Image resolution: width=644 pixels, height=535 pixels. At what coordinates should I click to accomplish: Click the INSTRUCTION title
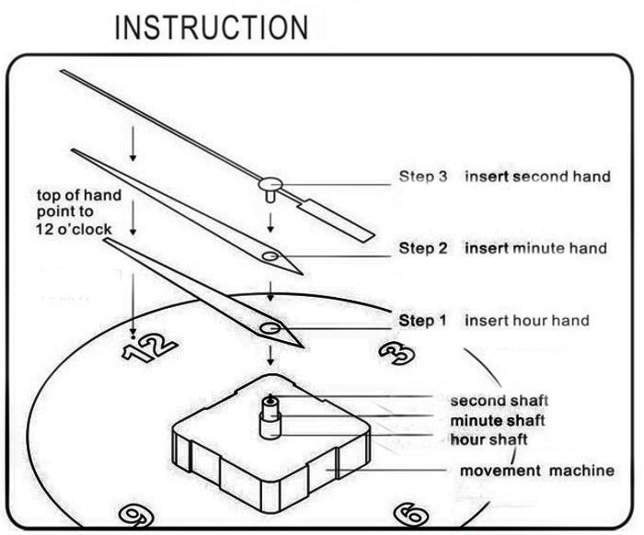pyautogui.click(x=211, y=27)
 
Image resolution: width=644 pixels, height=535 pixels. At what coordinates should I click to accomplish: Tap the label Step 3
pyautogui.click(x=422, y=176)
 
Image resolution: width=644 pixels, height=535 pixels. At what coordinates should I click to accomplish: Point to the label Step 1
pyautogui.click(x=422, y=321)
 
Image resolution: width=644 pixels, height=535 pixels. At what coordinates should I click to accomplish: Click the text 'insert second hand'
pyautogui.click(x=537, y=176)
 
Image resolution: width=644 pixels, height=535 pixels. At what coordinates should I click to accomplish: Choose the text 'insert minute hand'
pyautogui.click(x=535, y=248)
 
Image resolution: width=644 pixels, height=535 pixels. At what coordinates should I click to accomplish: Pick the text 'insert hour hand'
pyautogui.click(x=526, y=321)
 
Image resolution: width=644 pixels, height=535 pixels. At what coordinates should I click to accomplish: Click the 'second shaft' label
pyautogui.click(x=499, y=401)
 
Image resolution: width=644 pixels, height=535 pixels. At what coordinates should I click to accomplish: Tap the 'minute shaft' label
pyautogui.click(x=498, y=420)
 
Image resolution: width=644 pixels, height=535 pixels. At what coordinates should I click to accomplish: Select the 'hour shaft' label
pyautogui.click(x=489, y=439)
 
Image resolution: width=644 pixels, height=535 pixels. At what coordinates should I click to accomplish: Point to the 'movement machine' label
pyautogui.click(x=537, y=471)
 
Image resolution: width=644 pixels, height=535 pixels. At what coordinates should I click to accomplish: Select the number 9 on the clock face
pyautogui.click(x=138, y=515)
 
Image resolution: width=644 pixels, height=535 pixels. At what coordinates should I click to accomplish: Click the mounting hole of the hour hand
pyautogui.click(x=270, y=327)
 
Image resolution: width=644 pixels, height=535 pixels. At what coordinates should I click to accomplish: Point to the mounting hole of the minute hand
pyautogui.click(x=270, y=255)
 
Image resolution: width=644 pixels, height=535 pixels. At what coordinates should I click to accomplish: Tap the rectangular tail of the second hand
pyautogui.click(x=336, y=217)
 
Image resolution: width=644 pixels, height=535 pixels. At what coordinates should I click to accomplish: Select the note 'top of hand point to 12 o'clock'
pyautogui.click(x=75, y=211)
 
